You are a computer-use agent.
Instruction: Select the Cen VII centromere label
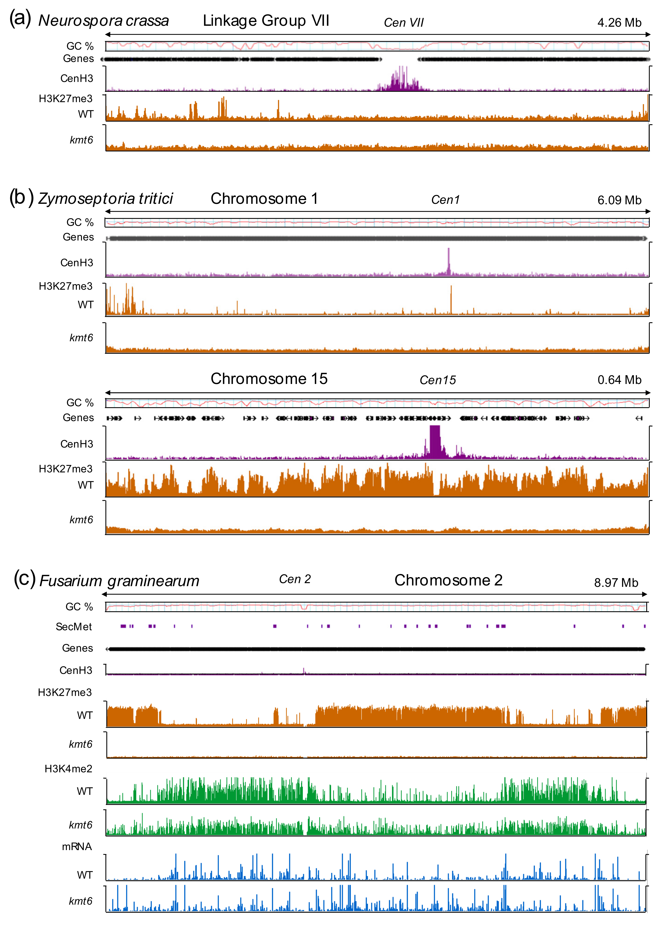(x=403, y=23)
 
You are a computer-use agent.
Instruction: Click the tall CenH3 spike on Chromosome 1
(x=449, y=261)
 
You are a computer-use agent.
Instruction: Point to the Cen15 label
(x=437, y=380)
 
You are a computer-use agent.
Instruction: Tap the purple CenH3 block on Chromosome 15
(x=435, y=441)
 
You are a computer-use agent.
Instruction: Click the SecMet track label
(x=74, y=627)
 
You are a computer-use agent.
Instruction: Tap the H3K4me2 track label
(x=68, y=769)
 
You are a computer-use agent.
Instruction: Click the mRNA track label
(x=77, y=847)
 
